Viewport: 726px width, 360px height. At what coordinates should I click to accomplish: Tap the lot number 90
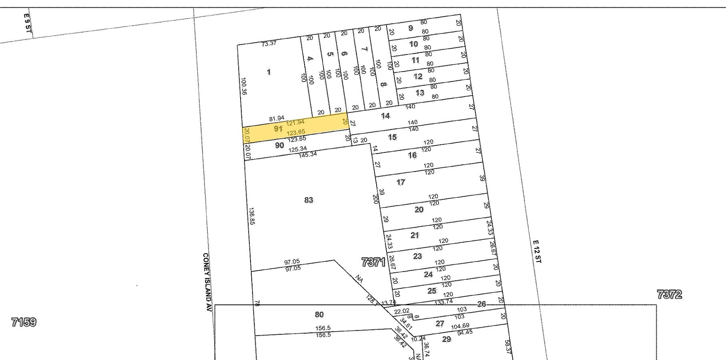(x=280, y=145)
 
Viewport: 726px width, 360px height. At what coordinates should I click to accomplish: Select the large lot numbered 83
(x=309, y=200)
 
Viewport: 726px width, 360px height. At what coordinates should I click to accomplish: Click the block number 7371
(x=373, y=263)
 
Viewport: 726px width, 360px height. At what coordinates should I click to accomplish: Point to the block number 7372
(x=669, y=295)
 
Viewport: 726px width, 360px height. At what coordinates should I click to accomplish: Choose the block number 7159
(x=24, y=322)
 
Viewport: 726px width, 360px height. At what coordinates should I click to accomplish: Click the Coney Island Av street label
(x=207, y=282)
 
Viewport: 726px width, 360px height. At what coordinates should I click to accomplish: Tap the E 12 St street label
(x=536, y=251)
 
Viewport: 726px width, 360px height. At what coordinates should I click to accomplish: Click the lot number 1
(x=269, y=72)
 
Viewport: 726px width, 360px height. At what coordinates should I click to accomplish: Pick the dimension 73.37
(x=269, y=43)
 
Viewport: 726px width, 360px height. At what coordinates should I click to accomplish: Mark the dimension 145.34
(x=308, y=154)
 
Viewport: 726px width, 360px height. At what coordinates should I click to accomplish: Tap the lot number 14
(x=385, y=116)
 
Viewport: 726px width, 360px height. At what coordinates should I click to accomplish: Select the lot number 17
(x=401, y=182)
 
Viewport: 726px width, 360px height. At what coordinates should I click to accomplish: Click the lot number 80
(x=319, y=314)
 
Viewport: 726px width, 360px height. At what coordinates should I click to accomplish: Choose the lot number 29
(x=447, y=339)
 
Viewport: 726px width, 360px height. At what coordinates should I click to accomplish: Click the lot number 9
(x=410, y=28)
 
